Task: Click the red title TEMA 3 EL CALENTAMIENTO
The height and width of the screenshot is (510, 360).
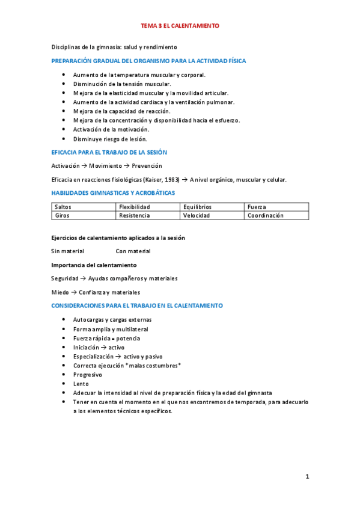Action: point(180,26)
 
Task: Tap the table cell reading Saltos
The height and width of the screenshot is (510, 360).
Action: point(63,207)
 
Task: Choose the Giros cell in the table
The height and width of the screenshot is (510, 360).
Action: point(61,215)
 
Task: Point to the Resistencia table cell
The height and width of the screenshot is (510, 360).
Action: point(135,215)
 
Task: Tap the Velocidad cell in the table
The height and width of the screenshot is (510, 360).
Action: point(197,215)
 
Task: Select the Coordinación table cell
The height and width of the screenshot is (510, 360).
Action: point(266,215)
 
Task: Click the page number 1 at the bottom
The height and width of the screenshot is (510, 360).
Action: point(307,477)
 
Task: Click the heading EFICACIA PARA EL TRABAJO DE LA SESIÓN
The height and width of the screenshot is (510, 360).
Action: point(109,152)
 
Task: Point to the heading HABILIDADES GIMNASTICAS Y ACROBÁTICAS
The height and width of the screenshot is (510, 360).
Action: point(113,193)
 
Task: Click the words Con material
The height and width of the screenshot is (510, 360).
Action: point(133,251)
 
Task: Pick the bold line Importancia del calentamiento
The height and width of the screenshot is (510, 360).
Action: point(94,265)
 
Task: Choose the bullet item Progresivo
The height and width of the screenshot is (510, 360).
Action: point(88,375)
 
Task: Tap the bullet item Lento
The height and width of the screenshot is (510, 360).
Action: point(81,384)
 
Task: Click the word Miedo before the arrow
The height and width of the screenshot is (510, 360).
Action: point(60,292)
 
